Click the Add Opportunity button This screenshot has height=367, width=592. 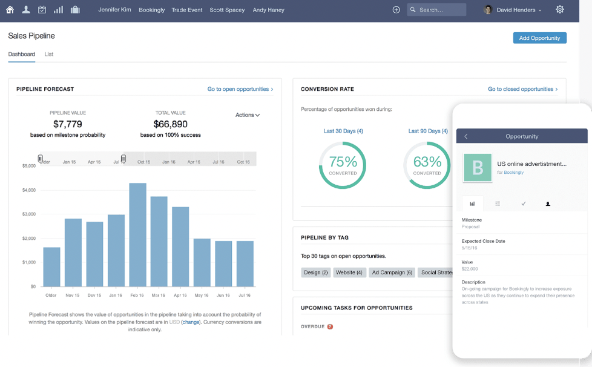pos(539,38)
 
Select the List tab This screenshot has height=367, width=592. pos(49,55)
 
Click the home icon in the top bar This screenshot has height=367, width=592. pos(10,10)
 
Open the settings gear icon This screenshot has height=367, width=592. pos(559,10)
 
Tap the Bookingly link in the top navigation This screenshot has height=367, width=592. pos(151,10)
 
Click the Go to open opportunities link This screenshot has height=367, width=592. pos(240,89)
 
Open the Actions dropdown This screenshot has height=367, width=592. pos(247,115)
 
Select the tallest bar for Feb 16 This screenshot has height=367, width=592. pos(137,234)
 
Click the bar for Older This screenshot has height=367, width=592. pos(51,266)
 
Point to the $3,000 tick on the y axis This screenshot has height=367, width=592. pos(28,214)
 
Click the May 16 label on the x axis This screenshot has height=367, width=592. pos(202,296)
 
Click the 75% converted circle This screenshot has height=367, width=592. pos(343,165)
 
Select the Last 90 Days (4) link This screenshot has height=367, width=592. pos(428,131)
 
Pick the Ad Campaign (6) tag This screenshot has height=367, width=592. pos(392,273)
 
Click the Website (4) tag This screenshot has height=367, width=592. pos(349,273)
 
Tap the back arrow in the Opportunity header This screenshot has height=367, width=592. pos(465,136)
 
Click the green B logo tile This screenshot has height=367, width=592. pos(477,168)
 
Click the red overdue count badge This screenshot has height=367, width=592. pos(330,327)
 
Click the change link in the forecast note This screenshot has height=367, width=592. pos(191,322)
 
